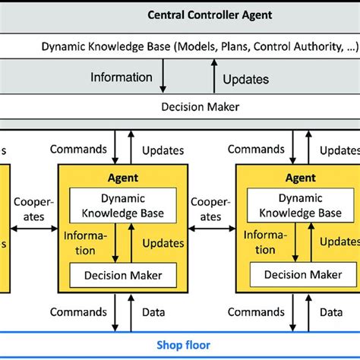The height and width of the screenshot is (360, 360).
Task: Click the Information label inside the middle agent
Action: [x=81, y=243]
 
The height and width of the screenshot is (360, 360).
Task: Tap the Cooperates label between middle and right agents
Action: [x=207, y=210]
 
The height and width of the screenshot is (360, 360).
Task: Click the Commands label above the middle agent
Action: [x=77, y=150]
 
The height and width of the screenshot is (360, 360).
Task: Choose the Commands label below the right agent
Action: [x=257, y=311]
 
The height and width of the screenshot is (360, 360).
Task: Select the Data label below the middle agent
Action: [x=153, y=311]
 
